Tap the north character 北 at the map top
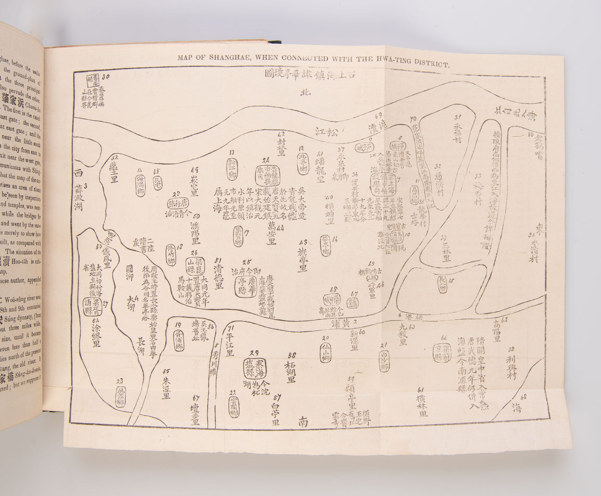point(303,94)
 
